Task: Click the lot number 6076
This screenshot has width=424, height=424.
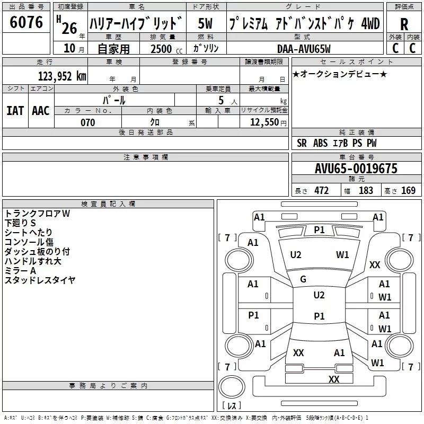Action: [x=26, y=22]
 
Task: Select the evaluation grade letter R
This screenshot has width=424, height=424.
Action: [x=404, y=24]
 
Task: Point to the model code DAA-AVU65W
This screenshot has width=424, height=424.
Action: [x=304, y=49]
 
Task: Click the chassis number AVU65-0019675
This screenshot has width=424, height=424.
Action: [x=356, y=169]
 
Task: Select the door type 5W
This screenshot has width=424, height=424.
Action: [x=206, y=24]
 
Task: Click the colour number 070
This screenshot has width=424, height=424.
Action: [x=87, y=122]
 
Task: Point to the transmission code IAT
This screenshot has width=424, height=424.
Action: [x=15, y=111]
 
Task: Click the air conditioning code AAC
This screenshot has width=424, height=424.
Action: [x=40, y=111]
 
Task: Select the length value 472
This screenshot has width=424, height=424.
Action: [x=321, y=191]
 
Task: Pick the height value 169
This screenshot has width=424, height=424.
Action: [x=408, y=191]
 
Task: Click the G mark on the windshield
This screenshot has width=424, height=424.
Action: [x=303, y=279]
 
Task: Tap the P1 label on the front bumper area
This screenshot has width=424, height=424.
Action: [x=319, y=229]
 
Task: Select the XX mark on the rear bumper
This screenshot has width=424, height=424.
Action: [x=334, y=379]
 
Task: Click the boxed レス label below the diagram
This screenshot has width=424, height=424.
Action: [x=232, y=406]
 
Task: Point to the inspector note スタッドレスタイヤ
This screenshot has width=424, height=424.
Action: [x=40, y=280]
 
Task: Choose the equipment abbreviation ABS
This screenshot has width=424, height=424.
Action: [x=320, y=143]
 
